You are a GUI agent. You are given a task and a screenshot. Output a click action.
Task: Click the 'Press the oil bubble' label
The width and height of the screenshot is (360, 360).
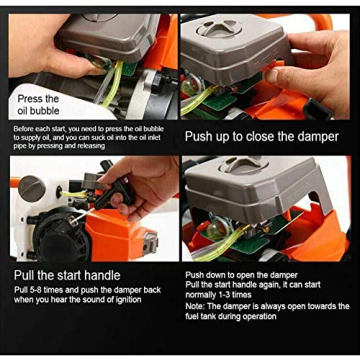point(38,105)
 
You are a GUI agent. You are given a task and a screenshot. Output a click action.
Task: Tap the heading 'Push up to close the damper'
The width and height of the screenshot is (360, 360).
point(262,136)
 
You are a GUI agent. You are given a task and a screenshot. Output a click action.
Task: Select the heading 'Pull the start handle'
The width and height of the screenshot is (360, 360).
point(67,275)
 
